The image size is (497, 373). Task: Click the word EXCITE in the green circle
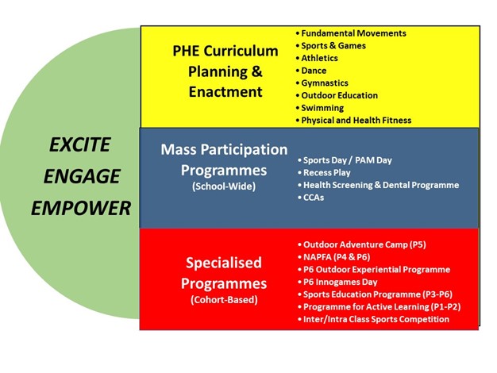[80, 144]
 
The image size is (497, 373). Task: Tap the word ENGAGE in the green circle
[82, 176]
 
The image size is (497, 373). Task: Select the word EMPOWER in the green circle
[81, 208]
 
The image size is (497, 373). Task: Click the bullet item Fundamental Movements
[351, 33]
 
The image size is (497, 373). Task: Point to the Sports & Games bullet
[330, 46]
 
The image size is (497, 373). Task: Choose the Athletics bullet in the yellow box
[317, 58]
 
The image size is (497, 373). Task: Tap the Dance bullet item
[311, 71]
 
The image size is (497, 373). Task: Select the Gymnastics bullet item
[322, 83]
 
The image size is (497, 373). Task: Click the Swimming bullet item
[319, 108]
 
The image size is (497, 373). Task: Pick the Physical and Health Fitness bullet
[353, 120]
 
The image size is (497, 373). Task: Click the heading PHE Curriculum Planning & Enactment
[225, 71]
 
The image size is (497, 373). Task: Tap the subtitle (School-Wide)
[224, 186]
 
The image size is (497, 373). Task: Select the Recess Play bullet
[324, 173]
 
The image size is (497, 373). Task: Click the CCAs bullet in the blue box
[310, 198]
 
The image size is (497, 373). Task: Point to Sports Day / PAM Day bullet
[345, 160]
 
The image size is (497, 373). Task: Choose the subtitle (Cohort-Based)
[224, 299]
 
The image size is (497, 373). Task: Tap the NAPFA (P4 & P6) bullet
[333, 257]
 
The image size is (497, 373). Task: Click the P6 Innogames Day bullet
[337, 282]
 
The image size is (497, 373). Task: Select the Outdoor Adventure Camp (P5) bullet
[362, 244]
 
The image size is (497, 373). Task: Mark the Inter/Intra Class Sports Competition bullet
[373, 319]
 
